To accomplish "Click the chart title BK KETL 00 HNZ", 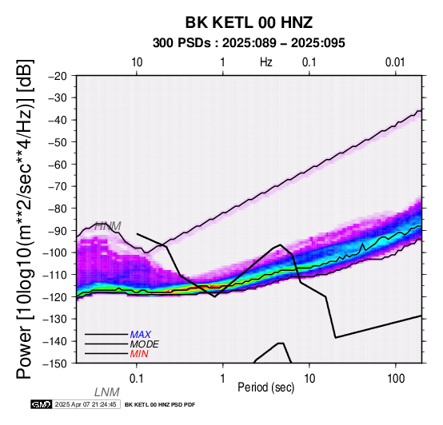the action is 249,22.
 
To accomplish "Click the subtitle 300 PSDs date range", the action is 249,43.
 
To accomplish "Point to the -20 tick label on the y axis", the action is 58,76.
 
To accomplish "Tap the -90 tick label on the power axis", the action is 58,231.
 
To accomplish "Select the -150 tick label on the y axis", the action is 55,363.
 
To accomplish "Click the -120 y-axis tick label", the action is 55,297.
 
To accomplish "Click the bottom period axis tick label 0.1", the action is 137,379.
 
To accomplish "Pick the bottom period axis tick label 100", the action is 396,379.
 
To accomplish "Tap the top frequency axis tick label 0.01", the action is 395,62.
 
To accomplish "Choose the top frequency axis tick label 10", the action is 137,62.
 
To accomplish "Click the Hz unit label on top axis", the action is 265,62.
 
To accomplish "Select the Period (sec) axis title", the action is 265,387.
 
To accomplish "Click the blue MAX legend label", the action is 141,335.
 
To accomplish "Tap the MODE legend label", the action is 145,344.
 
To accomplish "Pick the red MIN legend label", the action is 139,354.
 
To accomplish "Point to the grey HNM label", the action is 108,226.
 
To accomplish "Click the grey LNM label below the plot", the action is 107,392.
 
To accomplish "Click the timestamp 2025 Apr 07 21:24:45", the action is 86,404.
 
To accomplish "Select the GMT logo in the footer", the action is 42,404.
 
